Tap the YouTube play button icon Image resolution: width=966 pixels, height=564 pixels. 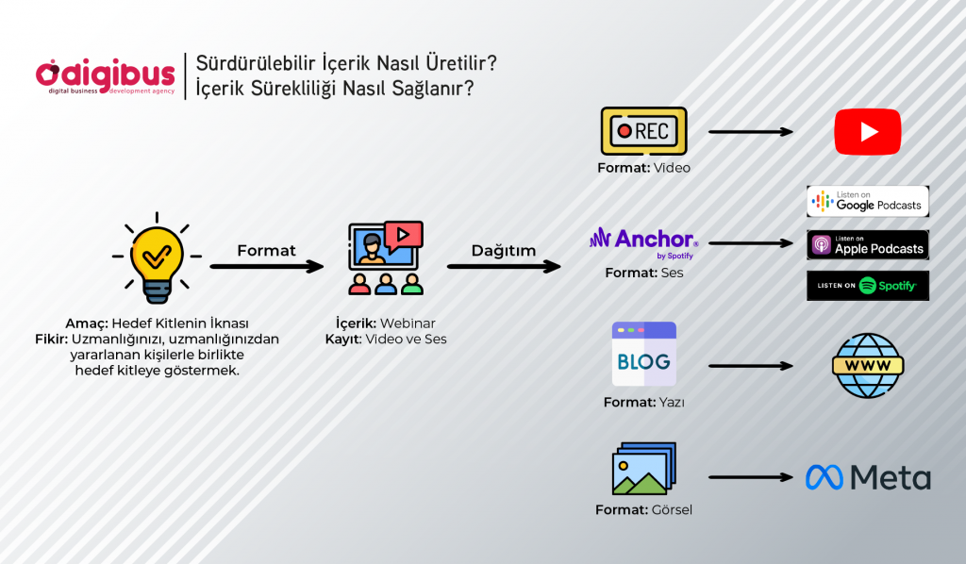(868, 132)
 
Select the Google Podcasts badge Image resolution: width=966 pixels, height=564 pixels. (868, 201)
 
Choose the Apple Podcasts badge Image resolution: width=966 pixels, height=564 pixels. (868, 245)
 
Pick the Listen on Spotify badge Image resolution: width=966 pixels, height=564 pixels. (868, 286)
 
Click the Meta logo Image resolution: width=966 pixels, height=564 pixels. (868, 477)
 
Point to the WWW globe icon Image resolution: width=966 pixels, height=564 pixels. (868, 366)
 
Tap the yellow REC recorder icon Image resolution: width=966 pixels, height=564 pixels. (643, 131)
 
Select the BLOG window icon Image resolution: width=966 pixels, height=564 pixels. (643, 354)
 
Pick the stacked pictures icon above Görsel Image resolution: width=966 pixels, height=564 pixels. (643, 469)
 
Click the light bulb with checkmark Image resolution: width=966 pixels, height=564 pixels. (158, 258)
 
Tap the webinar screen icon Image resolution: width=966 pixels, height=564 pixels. (386, 258)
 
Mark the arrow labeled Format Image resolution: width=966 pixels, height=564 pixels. (267, 267)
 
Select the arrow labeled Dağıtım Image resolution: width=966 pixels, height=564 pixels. (504, 267)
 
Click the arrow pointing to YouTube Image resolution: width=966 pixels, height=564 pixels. (751, 132)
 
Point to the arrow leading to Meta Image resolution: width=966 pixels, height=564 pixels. (751, 477)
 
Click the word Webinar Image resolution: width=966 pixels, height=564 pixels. (408, 323)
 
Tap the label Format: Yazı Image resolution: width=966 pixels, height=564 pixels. (643, 402)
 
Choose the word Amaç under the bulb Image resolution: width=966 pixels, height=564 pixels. (87, 323)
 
